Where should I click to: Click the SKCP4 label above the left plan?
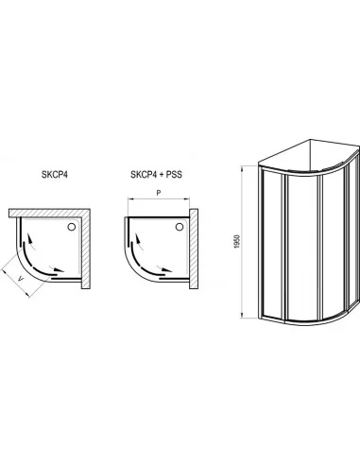55,174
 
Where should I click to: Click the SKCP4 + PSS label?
156,174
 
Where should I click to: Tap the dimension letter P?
159,193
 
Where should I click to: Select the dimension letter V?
21,278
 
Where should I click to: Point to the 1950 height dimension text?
237,241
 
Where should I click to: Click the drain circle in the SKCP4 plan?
72,227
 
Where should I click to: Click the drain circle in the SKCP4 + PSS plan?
180,227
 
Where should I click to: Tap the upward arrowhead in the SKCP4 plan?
29,239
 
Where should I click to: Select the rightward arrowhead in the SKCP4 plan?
59,269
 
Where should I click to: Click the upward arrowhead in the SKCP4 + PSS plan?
138,239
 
